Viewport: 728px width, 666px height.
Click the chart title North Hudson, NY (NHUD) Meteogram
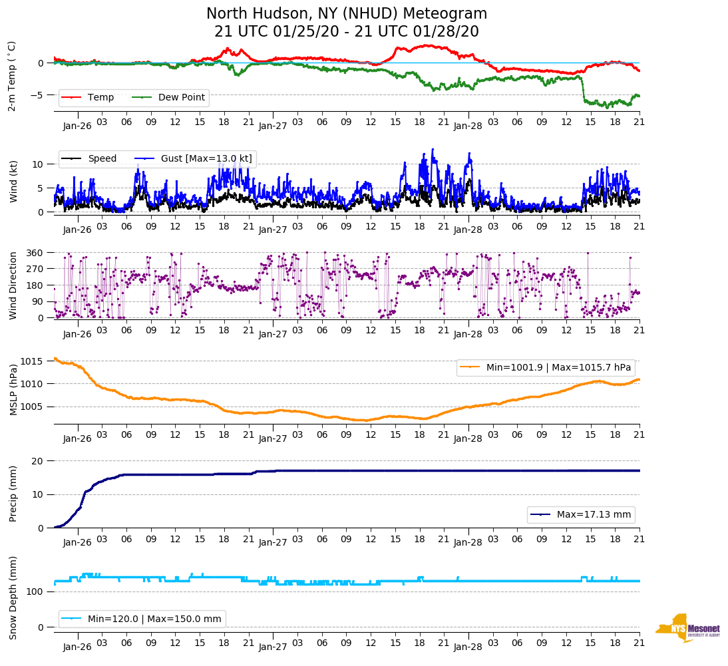pyautogui.click(x=347, y=14)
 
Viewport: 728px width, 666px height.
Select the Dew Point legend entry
pyautogui.click(x=182, y=97)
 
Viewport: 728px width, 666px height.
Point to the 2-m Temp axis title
pyautogui.click(x=12, y=76)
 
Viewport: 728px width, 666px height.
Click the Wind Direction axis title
pyautogui.click(x=12, y=285)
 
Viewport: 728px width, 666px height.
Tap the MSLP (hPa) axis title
pyautogui.click(x=12, y=390)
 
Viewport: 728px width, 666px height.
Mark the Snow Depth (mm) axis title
pyautogui.click(x=12, y=597)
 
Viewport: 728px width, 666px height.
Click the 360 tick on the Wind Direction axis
pyautogui.click(x=35, y=253)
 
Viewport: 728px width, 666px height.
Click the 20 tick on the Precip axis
pyautogui.click(x=39, y=461)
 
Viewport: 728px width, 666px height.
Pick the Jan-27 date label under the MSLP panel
pyautogui.click(x=273, y=438)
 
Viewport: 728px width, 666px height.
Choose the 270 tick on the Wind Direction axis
pyautogui.click(x=35, y=269)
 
